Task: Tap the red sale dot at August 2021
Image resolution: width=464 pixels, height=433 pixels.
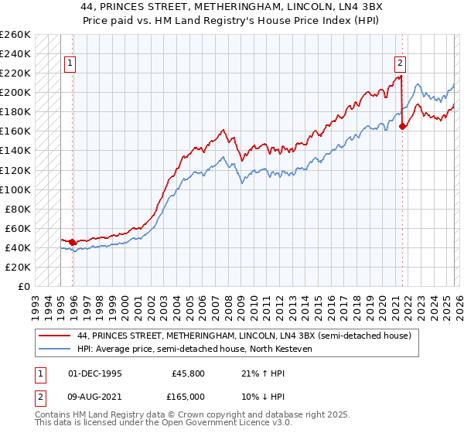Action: pyautogui.click(x=402, y=127)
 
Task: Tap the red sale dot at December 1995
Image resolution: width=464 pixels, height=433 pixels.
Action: pyautogui.click(x=73, y=242)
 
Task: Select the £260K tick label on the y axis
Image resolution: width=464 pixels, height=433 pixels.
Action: pyautogui.click(x=15, y=35)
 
